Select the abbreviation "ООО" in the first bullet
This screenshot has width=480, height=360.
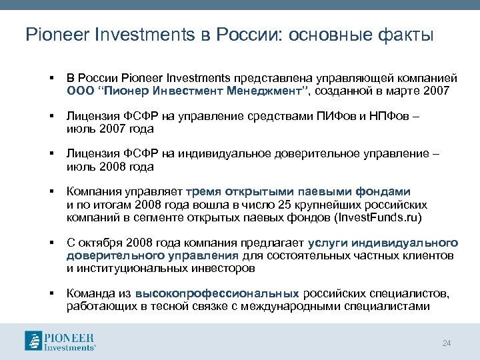[79, 91]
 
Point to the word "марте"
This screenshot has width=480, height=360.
[396, 91]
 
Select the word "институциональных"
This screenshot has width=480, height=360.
[129, 268]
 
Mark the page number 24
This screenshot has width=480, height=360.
[447, 343]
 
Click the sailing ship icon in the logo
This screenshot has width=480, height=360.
[33, 340]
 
